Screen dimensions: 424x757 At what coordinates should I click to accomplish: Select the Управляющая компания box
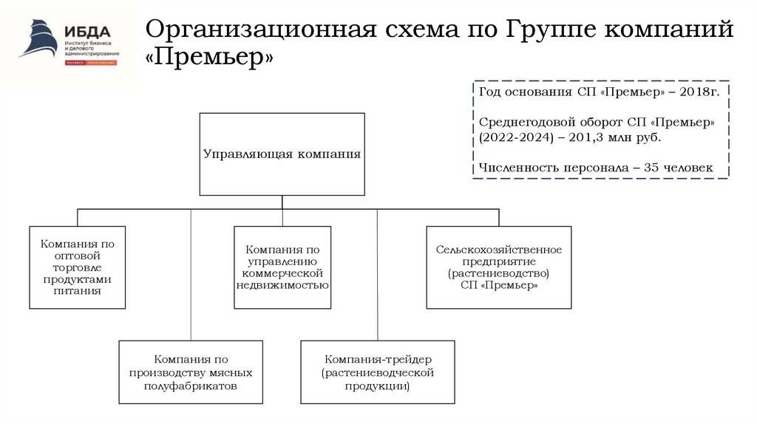click(282, 154)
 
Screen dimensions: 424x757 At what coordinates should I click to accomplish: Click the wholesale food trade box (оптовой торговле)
click(78, 267)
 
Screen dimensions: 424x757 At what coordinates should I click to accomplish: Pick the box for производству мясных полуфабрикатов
click(191, 372)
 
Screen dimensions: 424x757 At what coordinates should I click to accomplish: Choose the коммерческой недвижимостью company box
click(282, 267)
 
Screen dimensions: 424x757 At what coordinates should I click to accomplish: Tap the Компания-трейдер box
click(377, 372)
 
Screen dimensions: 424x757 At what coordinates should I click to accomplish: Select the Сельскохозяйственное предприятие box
click(498, 267)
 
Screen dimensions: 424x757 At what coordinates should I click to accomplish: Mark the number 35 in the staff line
click(651, 168)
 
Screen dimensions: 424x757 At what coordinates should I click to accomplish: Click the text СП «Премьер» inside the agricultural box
click(498, 285)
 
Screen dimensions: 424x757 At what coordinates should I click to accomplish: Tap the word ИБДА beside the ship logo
click(87, 31)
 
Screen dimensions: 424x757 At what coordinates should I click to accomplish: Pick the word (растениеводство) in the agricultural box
click(498, 273)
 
